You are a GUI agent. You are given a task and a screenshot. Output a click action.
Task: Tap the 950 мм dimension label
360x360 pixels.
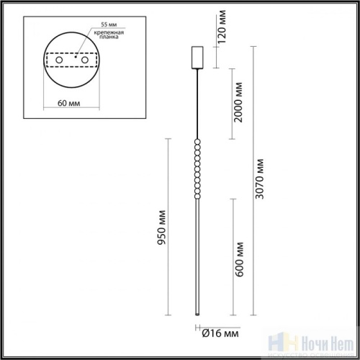(163, 228)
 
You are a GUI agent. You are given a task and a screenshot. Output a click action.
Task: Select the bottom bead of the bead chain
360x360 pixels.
(197, 197)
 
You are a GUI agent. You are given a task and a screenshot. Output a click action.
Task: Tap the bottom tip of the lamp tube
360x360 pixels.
(197, 314)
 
